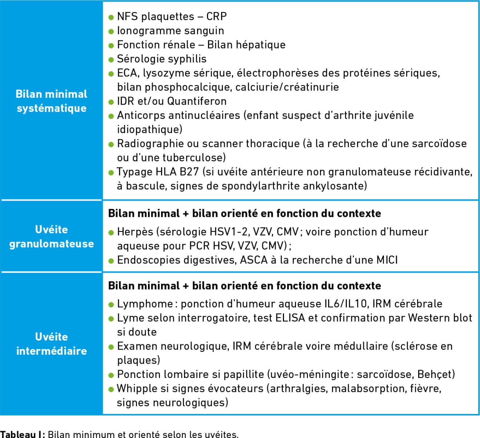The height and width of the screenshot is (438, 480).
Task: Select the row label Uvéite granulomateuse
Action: coord(51,237)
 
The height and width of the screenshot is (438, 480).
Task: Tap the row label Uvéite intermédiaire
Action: coord(51,343)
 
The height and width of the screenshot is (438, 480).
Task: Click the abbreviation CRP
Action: coord(216,17)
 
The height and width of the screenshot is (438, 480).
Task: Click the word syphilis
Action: coord(188,59)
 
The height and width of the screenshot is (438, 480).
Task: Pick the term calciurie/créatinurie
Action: coord(287,87)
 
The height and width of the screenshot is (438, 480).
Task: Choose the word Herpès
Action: coord(135,232)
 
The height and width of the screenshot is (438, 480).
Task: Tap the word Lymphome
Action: coord(145,304)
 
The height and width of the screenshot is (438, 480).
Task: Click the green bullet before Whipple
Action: coord(111,389)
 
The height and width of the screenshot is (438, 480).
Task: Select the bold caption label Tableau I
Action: coord(22,434)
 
